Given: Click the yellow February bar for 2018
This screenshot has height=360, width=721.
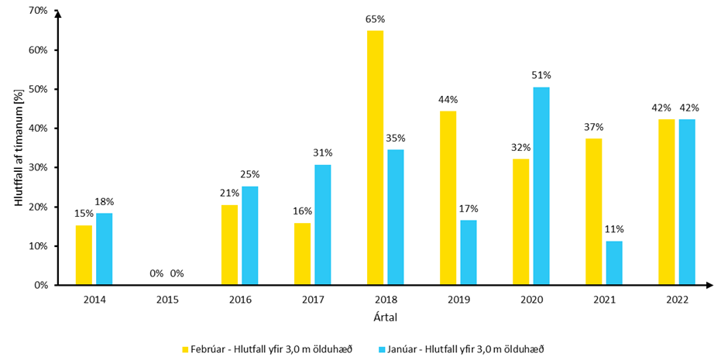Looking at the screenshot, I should [x=375, y=158].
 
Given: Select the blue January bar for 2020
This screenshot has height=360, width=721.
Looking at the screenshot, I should [x=541, y=186].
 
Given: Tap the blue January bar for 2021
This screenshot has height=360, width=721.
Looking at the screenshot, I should [x=614, y=263].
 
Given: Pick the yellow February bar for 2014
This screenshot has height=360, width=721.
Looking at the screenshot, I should [x=84, y=255].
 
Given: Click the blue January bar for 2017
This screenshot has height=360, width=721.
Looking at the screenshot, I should [x=323, y=225].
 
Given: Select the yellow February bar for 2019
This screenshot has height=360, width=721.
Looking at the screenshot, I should [x=448, y=198].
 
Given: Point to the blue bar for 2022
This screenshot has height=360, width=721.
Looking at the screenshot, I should [x=687, y=202].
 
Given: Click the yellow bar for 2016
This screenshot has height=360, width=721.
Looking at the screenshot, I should [x=229, y=245].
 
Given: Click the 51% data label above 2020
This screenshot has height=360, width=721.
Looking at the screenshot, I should [x=541, y=76].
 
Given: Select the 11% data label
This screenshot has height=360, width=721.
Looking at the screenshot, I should [x=614, y=229].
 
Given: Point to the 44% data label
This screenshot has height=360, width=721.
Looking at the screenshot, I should [x=448, y=100].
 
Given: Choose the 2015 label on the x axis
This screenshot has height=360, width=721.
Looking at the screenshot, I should [x=167, y=299].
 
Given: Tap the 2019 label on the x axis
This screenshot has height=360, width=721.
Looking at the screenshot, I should [x=458, y=299].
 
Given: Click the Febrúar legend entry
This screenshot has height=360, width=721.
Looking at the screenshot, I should [x=267, y=349].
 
